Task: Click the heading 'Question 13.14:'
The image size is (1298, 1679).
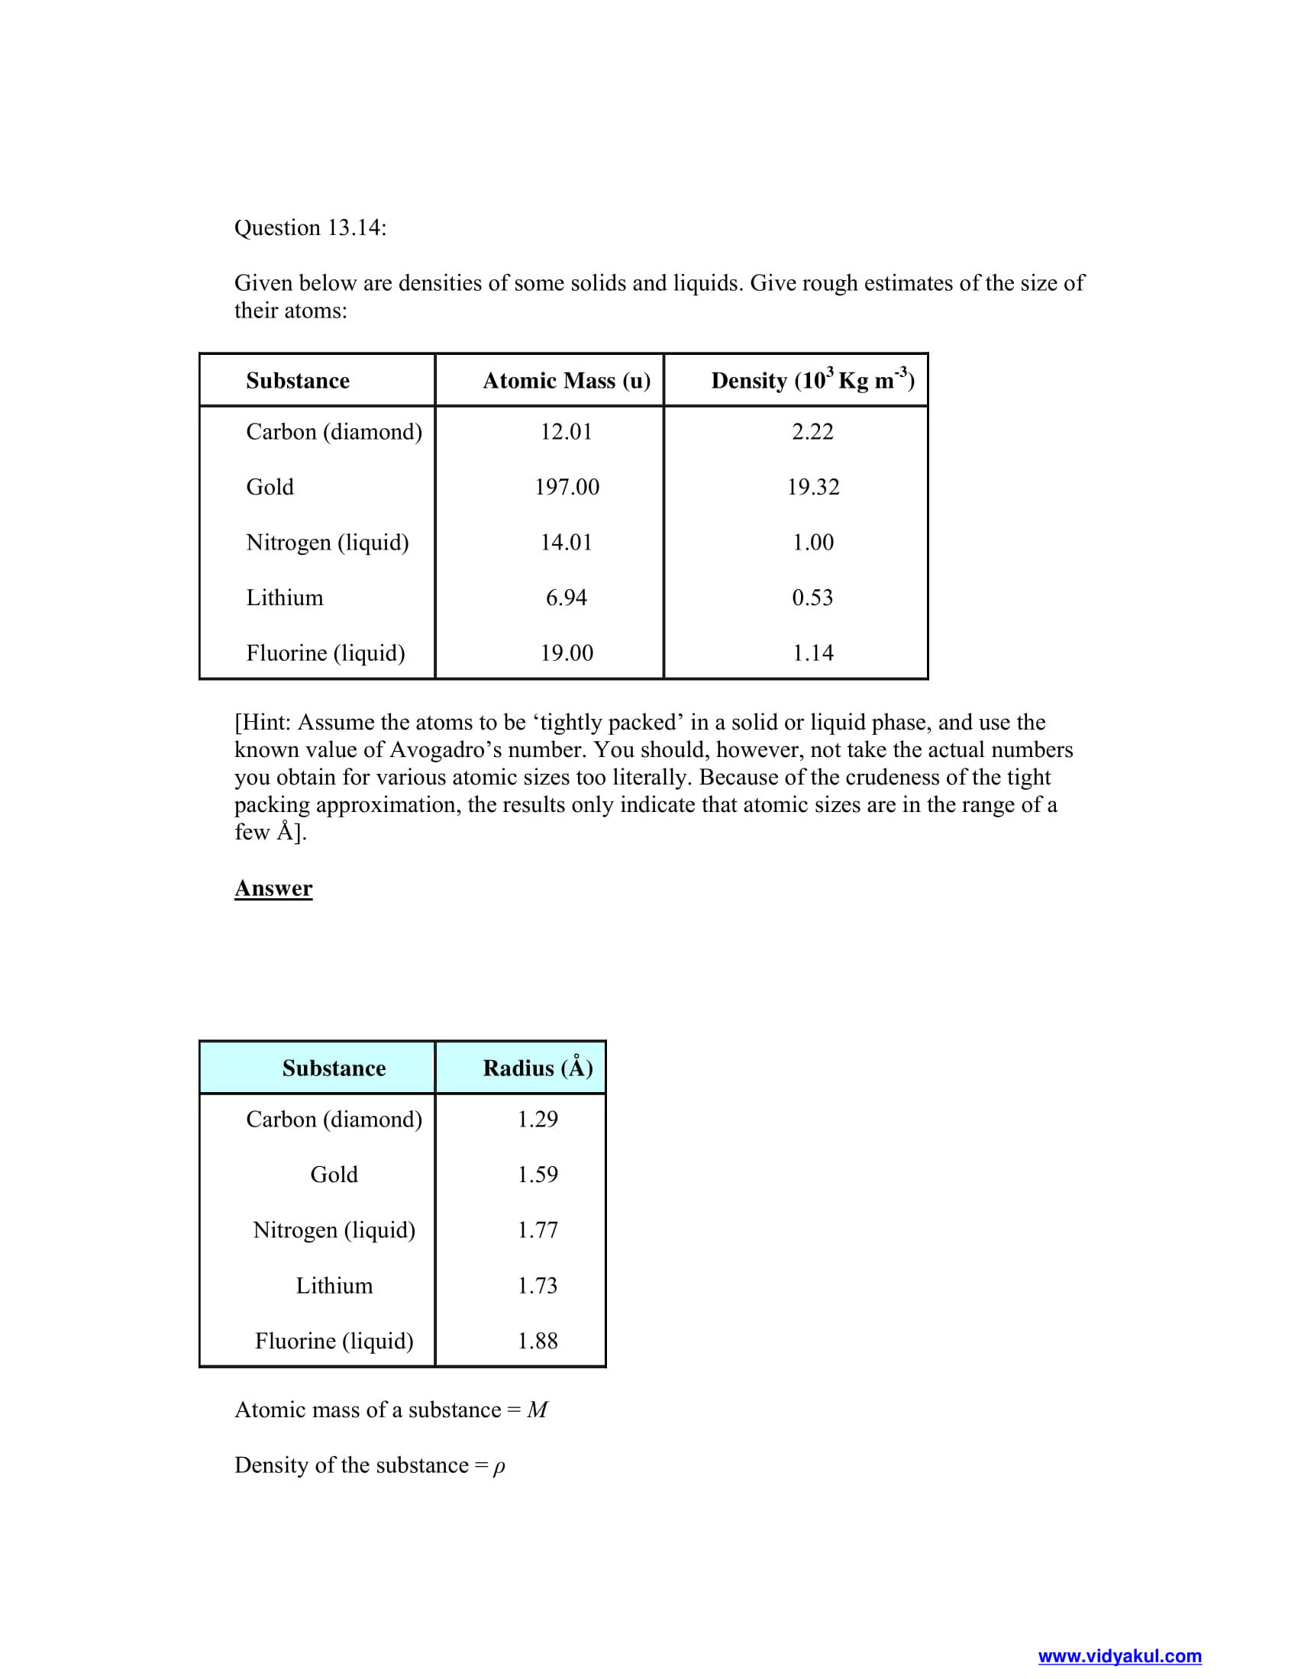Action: click(x=310, y=227)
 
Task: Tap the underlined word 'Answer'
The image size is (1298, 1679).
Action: click(x=273, y=888)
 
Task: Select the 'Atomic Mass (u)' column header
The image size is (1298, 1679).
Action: click(x=566, y=381)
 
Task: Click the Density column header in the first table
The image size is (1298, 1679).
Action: click(x=812, y=380)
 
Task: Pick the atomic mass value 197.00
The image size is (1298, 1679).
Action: click(x=567, y=487)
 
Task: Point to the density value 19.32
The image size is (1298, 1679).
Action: click(x=813, y=487)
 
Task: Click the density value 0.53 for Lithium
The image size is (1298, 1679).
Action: click(x=812, y=598)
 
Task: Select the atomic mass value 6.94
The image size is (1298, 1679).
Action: click(x=566, y=598)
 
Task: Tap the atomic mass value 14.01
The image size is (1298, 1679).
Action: click(x=566, y=542)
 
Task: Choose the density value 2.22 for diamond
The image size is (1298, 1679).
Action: click(x=812, y=431)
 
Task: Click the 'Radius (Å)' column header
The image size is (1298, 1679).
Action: click(x=538, y=1068)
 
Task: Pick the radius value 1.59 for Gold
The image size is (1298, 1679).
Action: click(x=538, y=1174)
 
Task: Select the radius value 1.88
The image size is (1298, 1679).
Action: click(x=538, y=1341)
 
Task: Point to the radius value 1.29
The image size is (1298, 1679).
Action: click(x=538, y=1119)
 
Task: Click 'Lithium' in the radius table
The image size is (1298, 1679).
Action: click(x=334, y=1285)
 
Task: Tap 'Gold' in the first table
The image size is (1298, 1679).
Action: click(x=270, y=487)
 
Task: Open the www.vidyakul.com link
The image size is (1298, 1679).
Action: click(x=1119, y=1656)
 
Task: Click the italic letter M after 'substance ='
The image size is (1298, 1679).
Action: click(x=537, y=1410)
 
